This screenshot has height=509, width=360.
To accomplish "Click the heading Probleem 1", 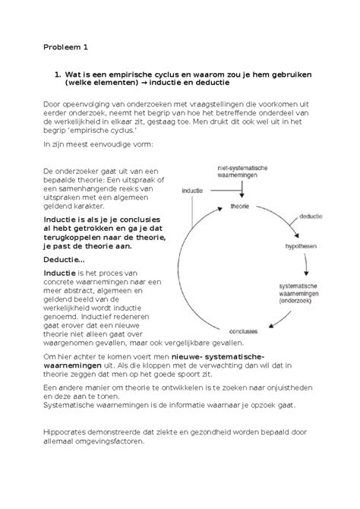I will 66,47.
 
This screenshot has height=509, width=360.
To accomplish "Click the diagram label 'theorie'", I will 240,206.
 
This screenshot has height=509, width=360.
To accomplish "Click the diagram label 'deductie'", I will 309,217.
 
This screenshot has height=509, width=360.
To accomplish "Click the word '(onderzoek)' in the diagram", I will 300,300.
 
